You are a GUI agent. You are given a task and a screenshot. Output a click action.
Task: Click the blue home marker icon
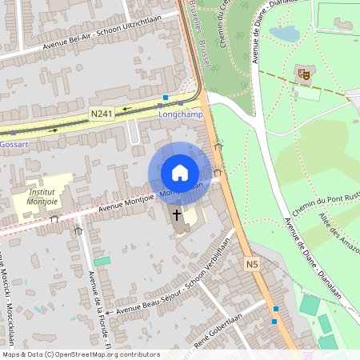pyautogui.click(x=179, y=173)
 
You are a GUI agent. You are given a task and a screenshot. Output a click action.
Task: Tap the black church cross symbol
pyautogui.click(x=178, y=215)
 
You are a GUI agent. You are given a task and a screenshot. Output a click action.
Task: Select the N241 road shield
pyautogui.click(x=102, y=114)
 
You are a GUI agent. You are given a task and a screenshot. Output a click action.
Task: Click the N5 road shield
pyautogui.click(x=252, y=263)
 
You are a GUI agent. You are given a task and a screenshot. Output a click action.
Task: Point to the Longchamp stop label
pyautogui.click(x=182, y=114)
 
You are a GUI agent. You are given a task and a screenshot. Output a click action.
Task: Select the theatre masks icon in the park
pyautogui.click(x=304, y=74)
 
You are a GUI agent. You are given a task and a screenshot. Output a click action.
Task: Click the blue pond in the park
pyautogui.click(x=284, y=34)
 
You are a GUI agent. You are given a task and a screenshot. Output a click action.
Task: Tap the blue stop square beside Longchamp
pyautogui.click(x=165, y=98)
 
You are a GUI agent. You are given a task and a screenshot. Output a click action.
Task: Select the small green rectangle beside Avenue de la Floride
pyautogui.click(x=102, y=261)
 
